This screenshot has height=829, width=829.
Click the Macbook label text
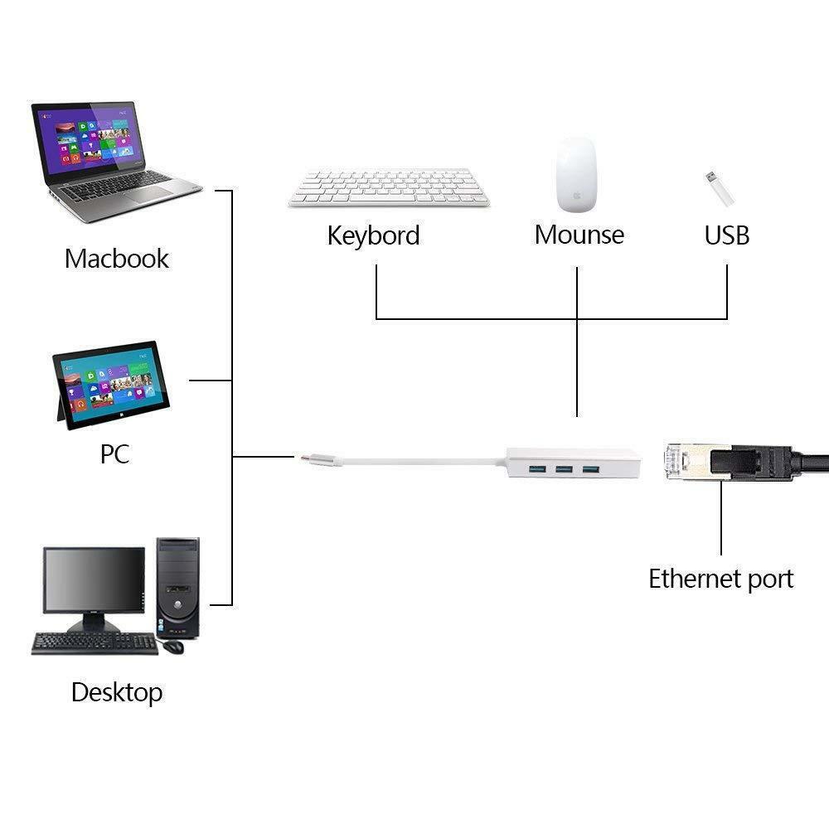tap(117, 258)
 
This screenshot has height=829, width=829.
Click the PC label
tap(114, 454)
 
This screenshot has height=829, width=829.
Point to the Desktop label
tap(117, 691)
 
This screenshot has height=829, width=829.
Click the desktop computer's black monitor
tap(93, 581)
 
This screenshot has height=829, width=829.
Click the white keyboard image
tap(389, 187)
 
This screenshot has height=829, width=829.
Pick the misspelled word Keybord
tap(373, 235)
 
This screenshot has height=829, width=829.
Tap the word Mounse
tap(579, 235)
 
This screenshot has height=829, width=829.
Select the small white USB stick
tap(719, 189)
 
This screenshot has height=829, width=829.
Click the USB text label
tap(727, 235)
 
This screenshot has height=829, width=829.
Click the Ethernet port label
tap(720, 579)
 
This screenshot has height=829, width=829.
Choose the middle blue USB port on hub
tap(564, 471)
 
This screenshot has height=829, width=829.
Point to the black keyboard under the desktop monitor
tap(95, 643)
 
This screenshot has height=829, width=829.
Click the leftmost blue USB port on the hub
tap(538, 471)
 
